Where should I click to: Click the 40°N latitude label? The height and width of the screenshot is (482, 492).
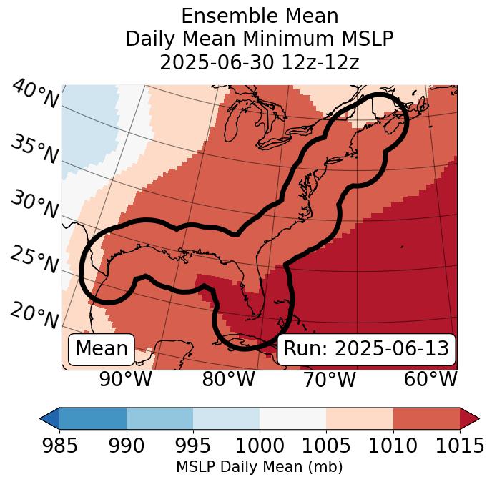point(35,94)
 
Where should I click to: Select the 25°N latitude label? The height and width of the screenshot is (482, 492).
point(34,260)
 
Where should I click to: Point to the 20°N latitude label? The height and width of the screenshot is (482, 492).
point(34,315)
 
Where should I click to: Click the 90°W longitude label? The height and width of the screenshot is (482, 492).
point(125,379)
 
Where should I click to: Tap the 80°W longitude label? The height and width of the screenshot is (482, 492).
point(228,379)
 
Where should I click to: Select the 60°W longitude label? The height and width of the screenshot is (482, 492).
point(430,379)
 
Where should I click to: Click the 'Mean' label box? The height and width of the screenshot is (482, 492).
point(102,349)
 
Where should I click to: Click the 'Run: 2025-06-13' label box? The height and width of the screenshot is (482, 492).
point(366,349)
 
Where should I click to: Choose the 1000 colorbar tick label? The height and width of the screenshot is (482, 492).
point(259,446)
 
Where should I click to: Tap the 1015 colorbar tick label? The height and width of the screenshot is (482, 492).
point(459,446)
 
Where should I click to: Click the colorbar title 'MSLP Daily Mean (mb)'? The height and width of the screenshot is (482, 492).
point(259,467)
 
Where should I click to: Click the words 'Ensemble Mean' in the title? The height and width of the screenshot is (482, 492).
point(259,16)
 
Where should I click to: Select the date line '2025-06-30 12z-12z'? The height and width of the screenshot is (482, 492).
point(259,62)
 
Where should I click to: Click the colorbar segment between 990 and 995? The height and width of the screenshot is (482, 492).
point(159,418)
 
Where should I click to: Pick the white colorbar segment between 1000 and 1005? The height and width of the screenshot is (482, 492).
point(292,418)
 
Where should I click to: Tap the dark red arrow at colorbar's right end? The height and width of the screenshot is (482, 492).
point(469,418)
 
